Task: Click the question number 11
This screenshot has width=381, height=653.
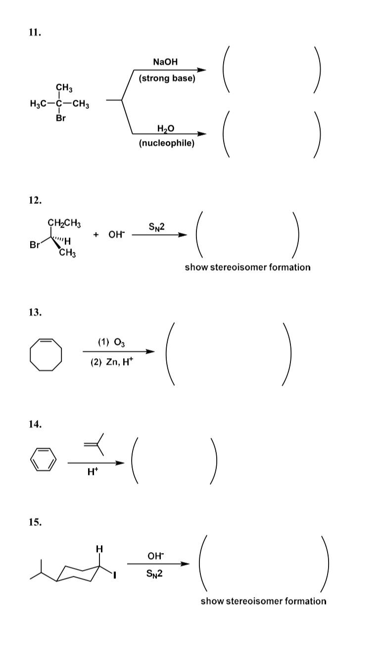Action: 35,33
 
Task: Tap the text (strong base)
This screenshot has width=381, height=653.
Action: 167,78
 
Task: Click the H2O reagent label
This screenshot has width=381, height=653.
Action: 166,129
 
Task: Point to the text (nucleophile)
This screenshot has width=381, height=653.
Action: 167,143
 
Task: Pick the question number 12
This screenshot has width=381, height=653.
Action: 35,200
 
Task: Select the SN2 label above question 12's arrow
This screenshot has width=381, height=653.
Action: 157,227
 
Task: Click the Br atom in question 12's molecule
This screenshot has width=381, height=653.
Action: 35,245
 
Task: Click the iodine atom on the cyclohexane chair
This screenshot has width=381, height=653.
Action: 114,575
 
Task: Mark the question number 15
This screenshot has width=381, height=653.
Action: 35,522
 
